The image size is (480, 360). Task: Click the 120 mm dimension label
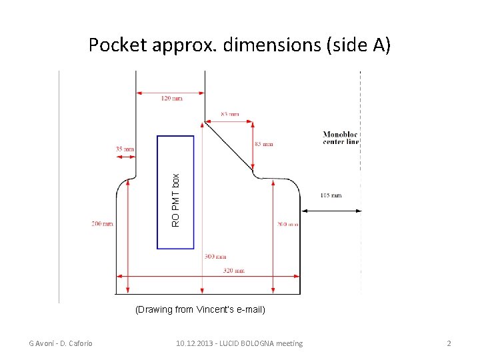pos(172,99)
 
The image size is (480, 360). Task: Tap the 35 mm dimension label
pos(125,149)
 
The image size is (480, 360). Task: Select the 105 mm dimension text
pos(331,195)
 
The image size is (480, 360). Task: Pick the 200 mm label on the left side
pos(102,224)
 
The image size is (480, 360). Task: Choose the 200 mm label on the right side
pos(288,225)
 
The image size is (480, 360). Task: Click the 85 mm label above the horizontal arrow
pos(229,114)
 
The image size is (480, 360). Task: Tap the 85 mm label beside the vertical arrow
pos(263,144)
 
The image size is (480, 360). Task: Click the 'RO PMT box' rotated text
pos(176,200)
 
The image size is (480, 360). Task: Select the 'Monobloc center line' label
pos(341,137)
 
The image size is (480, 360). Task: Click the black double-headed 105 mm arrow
pos(331,211)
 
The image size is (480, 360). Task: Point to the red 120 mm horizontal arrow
pos(170,92)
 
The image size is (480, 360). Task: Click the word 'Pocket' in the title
pos(118,45)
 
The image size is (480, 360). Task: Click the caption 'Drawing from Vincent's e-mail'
pos(200,309)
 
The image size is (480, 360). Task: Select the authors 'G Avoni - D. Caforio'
pos(60,343)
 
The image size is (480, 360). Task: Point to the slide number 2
pos(449,343)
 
